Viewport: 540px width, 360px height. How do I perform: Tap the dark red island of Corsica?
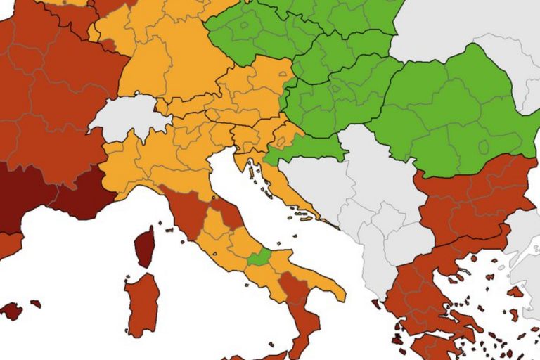(x=146, y=246)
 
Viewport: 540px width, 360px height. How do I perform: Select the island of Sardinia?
(x=142, y=302)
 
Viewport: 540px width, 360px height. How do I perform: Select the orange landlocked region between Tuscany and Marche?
(x=215, y=226)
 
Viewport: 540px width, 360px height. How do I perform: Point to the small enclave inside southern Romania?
(x=484, y=147)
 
